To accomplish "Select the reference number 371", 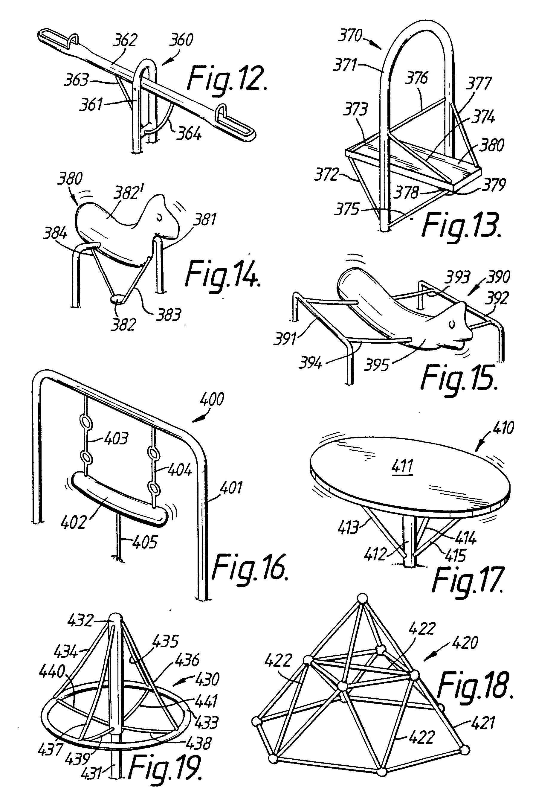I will click(x=344, y=65).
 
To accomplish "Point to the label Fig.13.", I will click(x=461, y=225).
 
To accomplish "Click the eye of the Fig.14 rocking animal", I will click(x=160, y=217).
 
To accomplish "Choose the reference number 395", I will click(x=376, y=365).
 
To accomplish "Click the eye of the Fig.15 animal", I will click(x=452, y=325).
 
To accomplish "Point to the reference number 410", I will click(x=503, y=428).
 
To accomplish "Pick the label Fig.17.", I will click(x=468, y=580).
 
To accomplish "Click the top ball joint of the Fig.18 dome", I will click(x=363, y=598).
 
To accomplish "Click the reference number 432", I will click(x=80, y=621).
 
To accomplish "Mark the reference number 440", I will click(x=52, y=671).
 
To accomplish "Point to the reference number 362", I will click(x=125, y=40).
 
